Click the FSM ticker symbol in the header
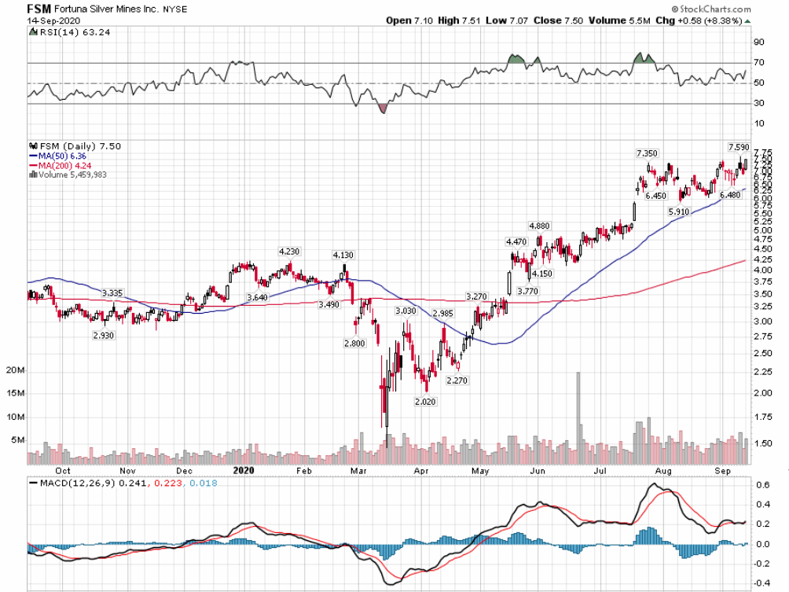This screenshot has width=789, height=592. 39,8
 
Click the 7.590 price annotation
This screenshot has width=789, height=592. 739,147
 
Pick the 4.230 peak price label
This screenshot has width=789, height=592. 290,252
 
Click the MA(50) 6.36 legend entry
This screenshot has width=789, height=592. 63,156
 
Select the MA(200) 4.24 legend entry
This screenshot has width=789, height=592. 64,165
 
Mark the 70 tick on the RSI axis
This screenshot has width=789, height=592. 758,62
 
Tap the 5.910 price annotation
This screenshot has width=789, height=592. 679,212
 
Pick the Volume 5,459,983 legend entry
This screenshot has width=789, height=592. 71,175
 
